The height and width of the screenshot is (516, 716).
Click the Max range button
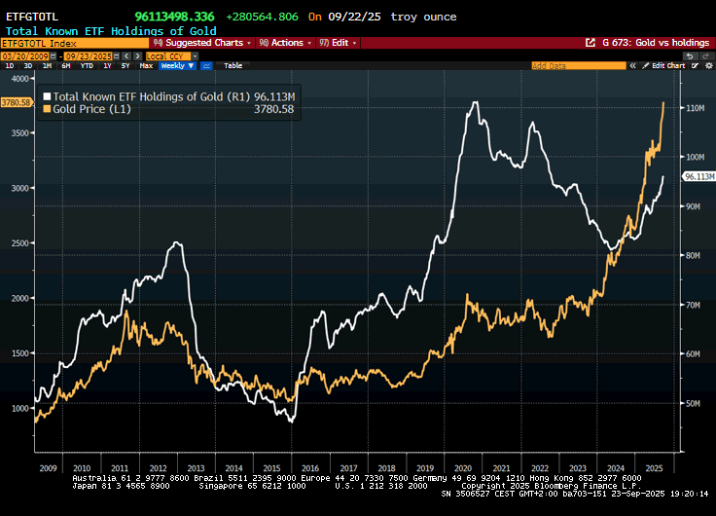146,65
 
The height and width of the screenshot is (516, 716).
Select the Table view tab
233,65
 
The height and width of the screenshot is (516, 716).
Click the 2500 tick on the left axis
19,243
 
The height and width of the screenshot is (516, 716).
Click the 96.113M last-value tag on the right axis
700,176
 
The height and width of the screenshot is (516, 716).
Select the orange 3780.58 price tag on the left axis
17,101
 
